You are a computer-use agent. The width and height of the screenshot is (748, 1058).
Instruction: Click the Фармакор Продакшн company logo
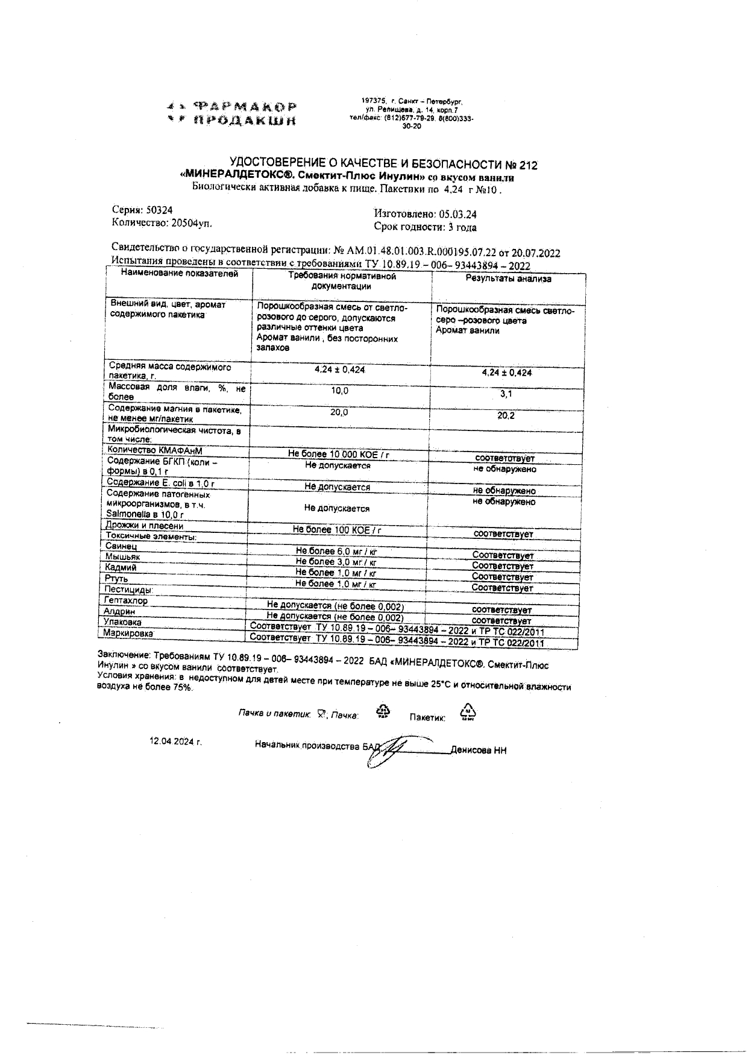232,113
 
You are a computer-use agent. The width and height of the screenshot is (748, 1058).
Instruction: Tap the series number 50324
159,210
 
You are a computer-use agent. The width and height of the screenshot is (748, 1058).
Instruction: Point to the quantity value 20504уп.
192,223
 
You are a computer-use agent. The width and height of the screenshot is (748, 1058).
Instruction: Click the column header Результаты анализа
508,279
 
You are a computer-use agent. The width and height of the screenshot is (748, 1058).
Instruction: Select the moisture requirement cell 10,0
339,391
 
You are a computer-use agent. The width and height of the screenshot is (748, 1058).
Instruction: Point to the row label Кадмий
121,568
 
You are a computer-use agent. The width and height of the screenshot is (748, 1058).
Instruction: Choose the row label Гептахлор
125,600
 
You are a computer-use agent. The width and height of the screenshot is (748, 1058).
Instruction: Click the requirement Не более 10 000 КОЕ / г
338,455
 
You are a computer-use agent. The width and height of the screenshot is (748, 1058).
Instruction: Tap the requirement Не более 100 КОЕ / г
337,530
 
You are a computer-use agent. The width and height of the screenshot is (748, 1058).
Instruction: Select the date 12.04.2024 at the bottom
175,742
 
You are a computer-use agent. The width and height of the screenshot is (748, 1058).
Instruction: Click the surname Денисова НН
479,751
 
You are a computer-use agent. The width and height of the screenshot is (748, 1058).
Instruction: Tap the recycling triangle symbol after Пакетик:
468,712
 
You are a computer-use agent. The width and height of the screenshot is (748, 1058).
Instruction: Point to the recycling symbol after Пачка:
383,711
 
